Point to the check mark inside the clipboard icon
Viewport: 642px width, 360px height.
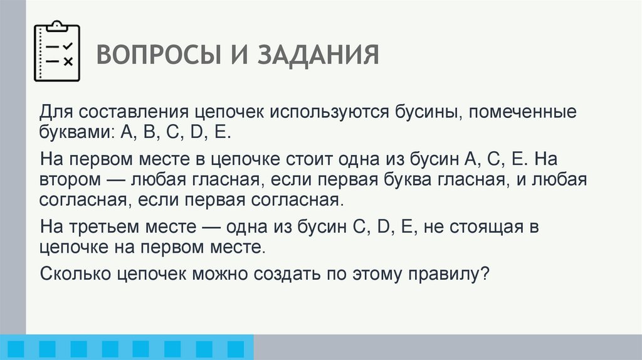click(x=68, y=46)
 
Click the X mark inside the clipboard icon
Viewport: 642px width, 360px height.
click(x=68, y=61)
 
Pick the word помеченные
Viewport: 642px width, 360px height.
click(x=521, y=114)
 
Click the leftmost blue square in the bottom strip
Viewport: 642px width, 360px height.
click(x=18, y=348)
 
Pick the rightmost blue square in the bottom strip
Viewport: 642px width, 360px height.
click(x=235, y=348)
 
